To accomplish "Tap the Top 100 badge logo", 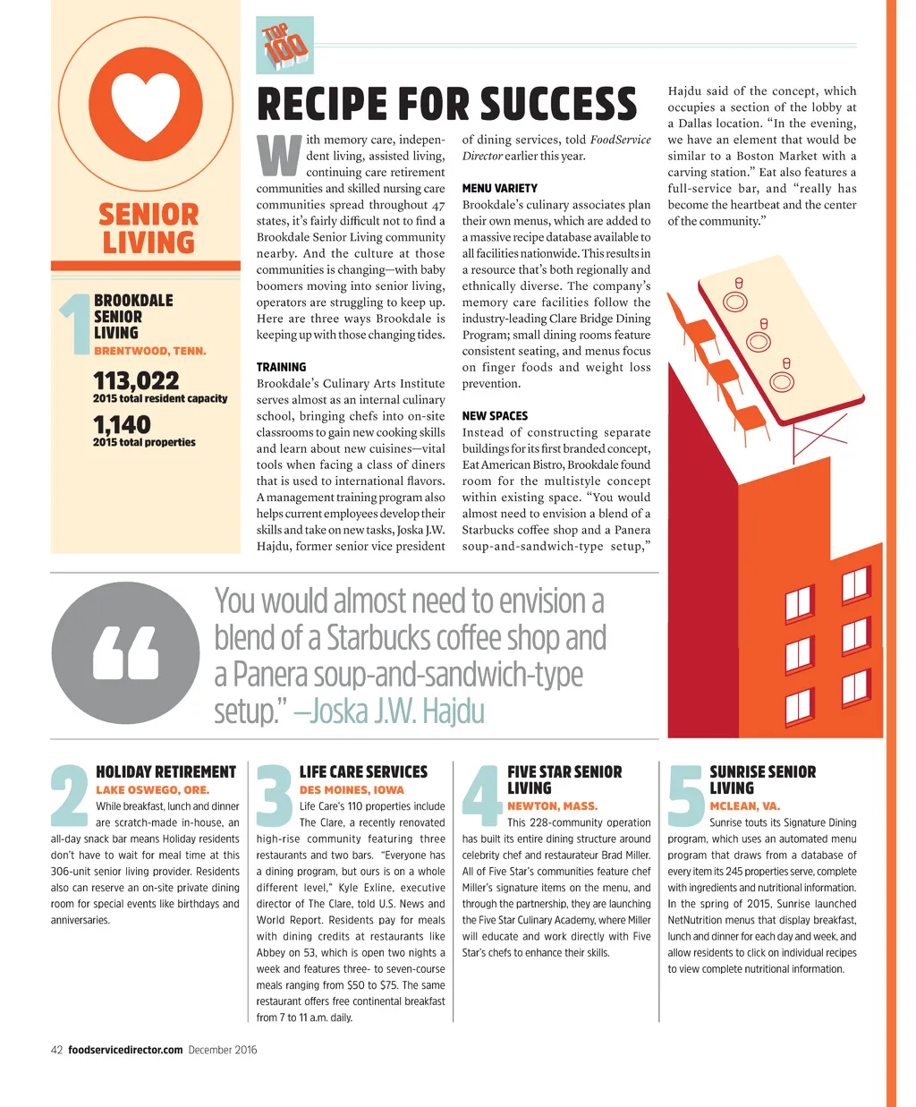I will pyautogui.click(x=284, y=45).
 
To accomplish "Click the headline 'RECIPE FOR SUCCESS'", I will pyautogui.click(x=446, y=104).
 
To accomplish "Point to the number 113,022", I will pyautogui.click(x=136, y=380).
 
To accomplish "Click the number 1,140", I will pyautogui.click(x=122, y=424).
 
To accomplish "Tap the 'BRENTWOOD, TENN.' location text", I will pyautogui.click(x=149, y=351).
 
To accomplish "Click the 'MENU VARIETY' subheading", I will pyautogui.click(x=499, y=188).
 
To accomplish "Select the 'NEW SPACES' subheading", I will pyautogui.click(x=495, y=415).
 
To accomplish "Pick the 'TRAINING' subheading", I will pyautogui.click(x=281, y=367).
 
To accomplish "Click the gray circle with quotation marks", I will pyautogui.click(x=125, y=652).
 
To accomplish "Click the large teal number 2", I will pyautogui.click(x=70, y=796).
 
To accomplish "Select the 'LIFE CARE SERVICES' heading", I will pyautogui.click(x=363, y=771).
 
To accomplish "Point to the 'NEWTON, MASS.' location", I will pyautogui.click(x=552, y=805).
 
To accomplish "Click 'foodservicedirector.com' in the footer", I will pyautogui.click(x=125, y=1050).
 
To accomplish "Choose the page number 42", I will pyautogui.click(x=56, y=1050).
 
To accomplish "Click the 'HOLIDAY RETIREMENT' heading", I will pyautogui.click(x=165, y=771).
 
